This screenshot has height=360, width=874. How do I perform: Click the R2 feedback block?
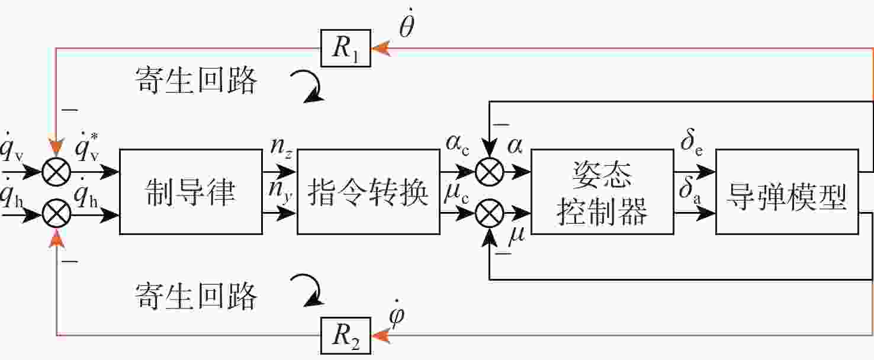click(x=346, y=335)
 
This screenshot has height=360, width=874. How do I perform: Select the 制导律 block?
click(x=191, y=192)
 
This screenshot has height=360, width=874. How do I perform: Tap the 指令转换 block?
click(x=368, y=192)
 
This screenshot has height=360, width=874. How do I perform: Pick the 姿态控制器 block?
click(x=602, y=192)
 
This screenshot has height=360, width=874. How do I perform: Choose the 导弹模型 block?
click(x=786, y=192)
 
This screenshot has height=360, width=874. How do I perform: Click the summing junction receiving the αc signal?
click(x=489, y=172)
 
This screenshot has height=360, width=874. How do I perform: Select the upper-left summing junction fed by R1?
click(x=56, y=172)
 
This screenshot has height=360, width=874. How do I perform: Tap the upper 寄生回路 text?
click(x=195, y=80)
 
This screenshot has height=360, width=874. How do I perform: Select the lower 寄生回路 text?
click(x=195, y=295)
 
